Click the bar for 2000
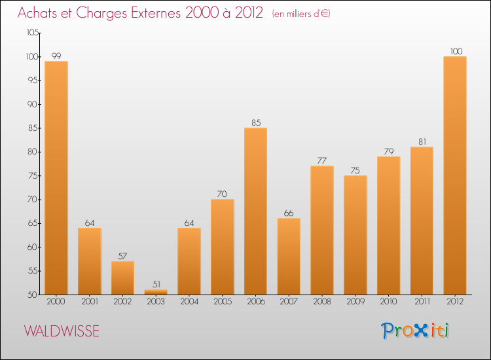pyautogui.click(x=56, y=178)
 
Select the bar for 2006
pyautogui.click(x=255, y=211)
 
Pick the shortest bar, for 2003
pyautogui.click(x=156, y=292)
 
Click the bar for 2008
pyautogui.click(x=322, y=230)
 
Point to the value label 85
pyautogui.click(x=255, y=122)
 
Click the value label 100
pyautogui.click(x=455, y=50)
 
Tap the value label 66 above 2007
pyautogui.click(x=289, y=212)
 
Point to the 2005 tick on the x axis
pyautogui.click(x=222, y=302)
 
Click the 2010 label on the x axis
pyautogui.click(x=388, y=302)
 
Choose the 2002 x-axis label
pyautogui.click(x=122, y=302)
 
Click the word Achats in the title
pyautogui.click(x=39, y=13)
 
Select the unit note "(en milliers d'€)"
pyautogui.click(x=300, y=14)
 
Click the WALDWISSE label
pyautogui.click(x=62, y=331)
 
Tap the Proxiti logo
pyautogui.click(x=416, y=331)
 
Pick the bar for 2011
pyautogui.click(x=422, y=221)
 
